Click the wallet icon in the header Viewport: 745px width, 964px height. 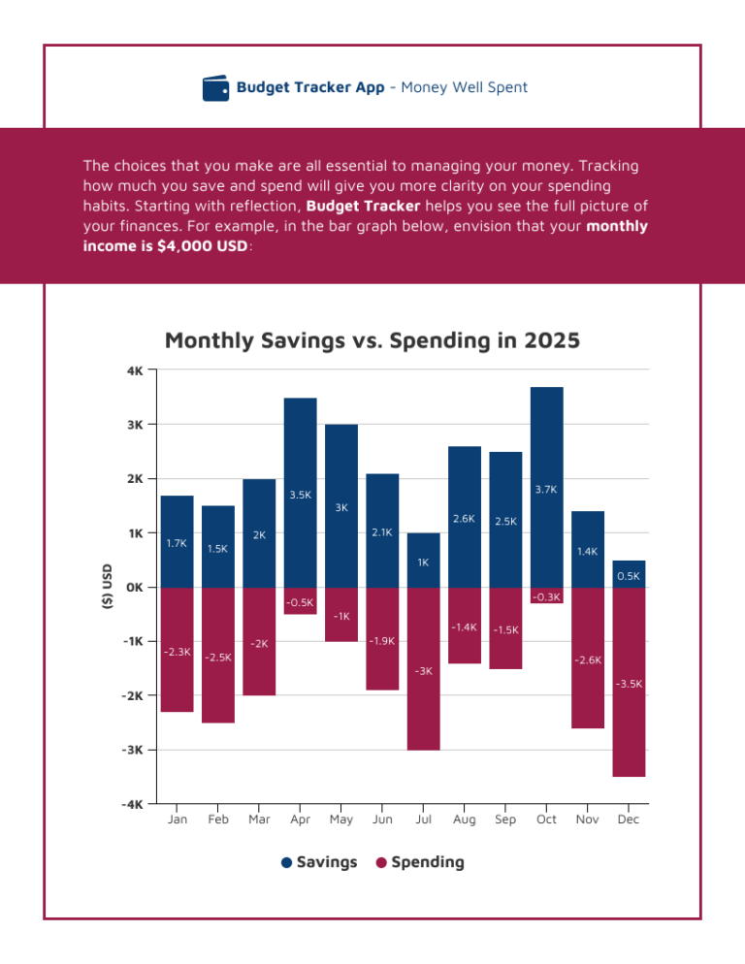(216, 88)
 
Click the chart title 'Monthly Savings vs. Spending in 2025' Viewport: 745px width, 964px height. (372, 340)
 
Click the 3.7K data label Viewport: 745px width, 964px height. (546, 490)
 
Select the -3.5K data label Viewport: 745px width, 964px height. (629, 684)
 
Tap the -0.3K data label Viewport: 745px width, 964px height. (546, 595)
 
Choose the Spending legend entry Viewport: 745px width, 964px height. (427, 862)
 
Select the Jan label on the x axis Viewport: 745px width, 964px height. (178, 819)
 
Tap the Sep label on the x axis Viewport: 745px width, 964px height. (505, 819)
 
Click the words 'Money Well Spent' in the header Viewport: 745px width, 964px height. (464, 87)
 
